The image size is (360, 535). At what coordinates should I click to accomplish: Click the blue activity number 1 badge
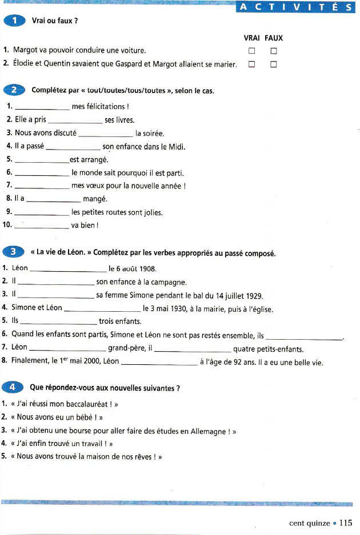[x=14, y=21]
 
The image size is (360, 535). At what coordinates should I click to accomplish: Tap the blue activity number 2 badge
[x=14, y=90]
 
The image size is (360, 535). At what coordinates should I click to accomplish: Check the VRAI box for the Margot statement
[x=251, y=51]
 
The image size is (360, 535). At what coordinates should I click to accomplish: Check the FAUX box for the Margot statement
[x=273, y=51]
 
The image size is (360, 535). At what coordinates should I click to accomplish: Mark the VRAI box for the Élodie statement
[x=251, y=64]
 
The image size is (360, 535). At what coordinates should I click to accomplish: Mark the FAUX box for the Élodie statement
[x=273, y=64]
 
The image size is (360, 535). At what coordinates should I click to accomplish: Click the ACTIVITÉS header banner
[x=295, y=7]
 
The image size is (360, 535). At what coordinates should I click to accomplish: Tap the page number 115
[x=346, y=522]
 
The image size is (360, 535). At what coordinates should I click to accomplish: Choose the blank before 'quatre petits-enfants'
[x=193, y=349]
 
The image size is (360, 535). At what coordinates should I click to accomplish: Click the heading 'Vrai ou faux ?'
[x=55, y=21]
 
